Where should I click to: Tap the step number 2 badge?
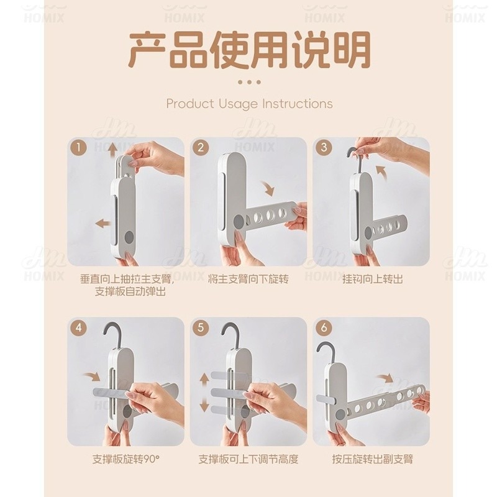click(x=201, y=148)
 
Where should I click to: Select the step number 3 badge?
click(x=324, y=148)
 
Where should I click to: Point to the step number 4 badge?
click(x=79, y=327)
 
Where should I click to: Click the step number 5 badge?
click(x=201, y=327)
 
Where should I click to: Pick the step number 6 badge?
click(x=324, y=327)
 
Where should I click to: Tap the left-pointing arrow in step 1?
click(x=103, y=224)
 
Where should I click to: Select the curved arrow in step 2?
click(x=268, y=188)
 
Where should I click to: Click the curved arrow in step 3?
click(x=381, y=171)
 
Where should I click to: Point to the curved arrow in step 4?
click(x=92, y=376)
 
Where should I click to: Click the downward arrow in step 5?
click(x=204, y=404)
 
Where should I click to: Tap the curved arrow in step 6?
click(x=385, y=378)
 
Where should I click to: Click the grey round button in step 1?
click(x=130, y=237)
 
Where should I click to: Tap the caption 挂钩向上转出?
click(x=373, y=279)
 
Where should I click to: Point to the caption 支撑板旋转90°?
click(x=126, y=459)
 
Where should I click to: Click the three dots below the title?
click(x=249, y=82)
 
